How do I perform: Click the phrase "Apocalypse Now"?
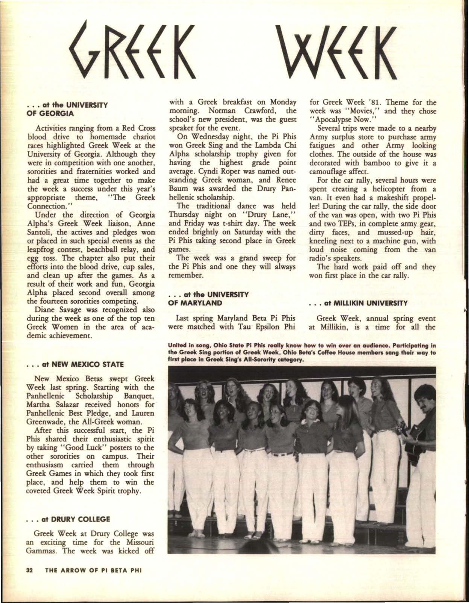pyautogui.click(x=335, y=120)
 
